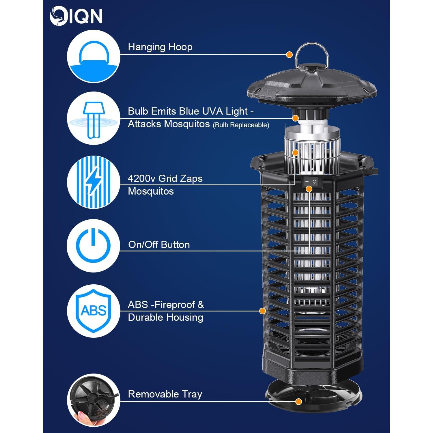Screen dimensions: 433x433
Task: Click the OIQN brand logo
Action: point(76,16)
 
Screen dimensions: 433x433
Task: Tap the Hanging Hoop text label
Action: point(160,47)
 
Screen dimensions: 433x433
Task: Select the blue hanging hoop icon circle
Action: point(94,57)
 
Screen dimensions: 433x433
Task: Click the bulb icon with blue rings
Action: point(94,118)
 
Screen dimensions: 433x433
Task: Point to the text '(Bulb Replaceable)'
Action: point(241,125)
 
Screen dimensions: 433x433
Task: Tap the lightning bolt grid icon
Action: point(94,182)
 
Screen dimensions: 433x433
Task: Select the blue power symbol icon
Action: point(93,246)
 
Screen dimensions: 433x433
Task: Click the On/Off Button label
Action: point(159,245)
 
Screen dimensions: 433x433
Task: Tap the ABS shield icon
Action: point(93,311)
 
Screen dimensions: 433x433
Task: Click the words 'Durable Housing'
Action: point(165,318)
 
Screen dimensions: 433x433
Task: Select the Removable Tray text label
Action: point(165,394)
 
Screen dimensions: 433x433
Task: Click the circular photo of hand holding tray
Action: point(94,400)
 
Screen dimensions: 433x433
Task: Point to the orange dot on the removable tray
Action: point(299,402)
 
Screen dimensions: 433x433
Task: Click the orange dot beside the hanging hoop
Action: point(289,55)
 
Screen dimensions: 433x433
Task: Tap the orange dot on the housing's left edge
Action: point(262,311)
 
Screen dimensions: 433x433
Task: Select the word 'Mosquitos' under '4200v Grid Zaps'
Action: point(151,191)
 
